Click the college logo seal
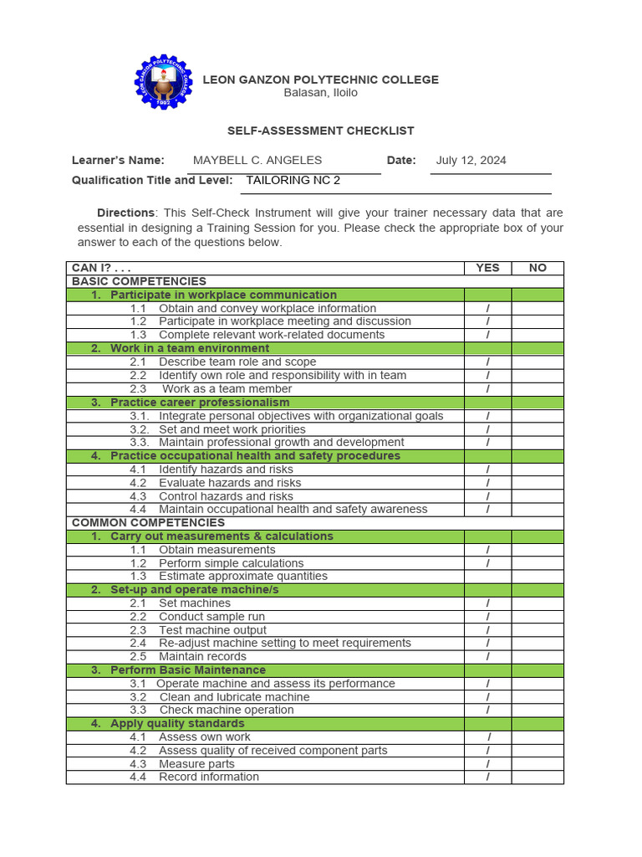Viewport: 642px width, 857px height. click(164, 82)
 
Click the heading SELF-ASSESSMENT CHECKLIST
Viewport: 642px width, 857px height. click(321, 131)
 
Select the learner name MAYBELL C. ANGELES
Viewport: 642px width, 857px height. click(257, 161)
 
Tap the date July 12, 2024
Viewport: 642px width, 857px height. click(471, 161)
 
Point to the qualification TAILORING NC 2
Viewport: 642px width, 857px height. click(293, 180)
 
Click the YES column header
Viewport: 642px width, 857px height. click(487, 268)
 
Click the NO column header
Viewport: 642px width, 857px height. click(538, 268)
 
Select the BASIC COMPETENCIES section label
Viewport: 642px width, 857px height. click(139, 281)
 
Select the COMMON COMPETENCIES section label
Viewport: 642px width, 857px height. click(148, 522)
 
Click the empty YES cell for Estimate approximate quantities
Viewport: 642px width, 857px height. click(487, 577)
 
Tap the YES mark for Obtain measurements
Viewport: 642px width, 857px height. click(487, 550)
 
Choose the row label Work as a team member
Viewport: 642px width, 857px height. click(227, 389)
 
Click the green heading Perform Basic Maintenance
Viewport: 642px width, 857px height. click(188, 670)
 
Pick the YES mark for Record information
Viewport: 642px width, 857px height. click(487, 777)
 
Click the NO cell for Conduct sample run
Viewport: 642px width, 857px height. click(538, 617)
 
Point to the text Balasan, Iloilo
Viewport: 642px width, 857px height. click(320, 93)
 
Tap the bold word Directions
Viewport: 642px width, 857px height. click(125, 213)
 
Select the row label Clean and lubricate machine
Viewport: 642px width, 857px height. click(234, 697)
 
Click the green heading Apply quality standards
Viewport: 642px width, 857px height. click(177, 724)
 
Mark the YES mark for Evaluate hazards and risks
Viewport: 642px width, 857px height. click(487, 483)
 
